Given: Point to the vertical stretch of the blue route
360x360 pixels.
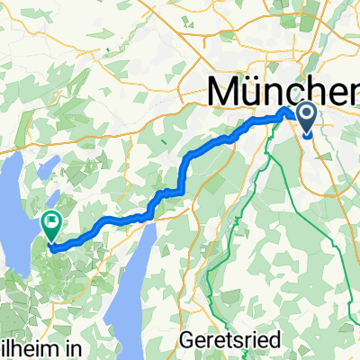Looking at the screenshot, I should (x=184, y=175).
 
